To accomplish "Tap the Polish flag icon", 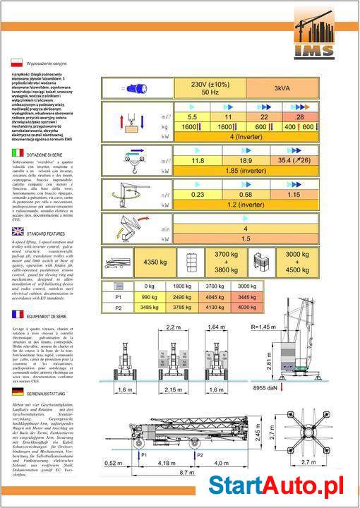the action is click(14, 62).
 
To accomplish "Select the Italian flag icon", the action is click(14, 152).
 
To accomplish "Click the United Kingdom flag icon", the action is click(14, 231).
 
